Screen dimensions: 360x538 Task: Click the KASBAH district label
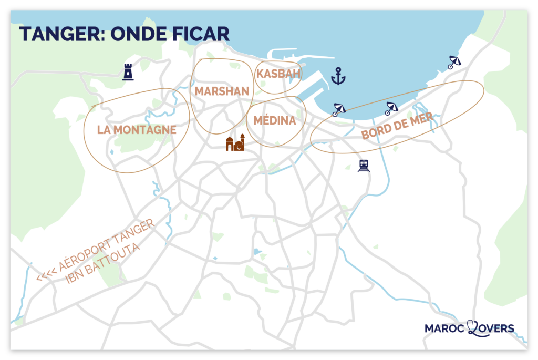[x=278, y=74]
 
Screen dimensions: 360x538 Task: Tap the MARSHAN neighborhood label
[x=222, y=91]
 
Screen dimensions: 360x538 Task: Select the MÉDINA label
[x=275, y=121]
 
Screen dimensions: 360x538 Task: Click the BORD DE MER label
[x=398, y=126]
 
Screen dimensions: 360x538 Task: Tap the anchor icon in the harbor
[x=338, y=77]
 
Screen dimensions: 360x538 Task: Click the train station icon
[x=364, y=166]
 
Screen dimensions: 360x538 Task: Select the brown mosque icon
[x=235, y=143]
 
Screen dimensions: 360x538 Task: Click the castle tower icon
[x=128, y=72]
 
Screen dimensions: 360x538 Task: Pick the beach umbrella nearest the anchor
[x=339, y=109]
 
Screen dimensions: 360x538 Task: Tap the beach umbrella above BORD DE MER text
[x=391, y=108]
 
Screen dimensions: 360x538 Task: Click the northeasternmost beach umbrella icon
[x=454, y=63]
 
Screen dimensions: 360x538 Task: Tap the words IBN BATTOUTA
[x=103, y=263]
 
